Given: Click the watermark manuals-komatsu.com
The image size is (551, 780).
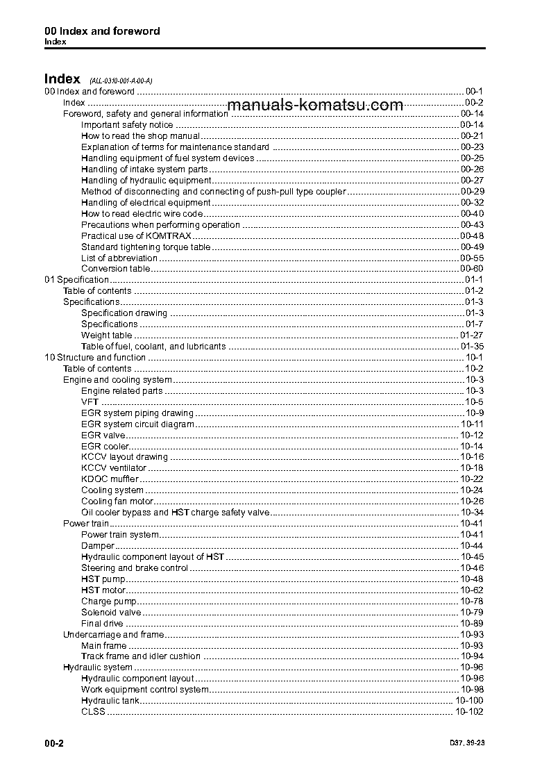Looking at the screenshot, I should tap(315, 105).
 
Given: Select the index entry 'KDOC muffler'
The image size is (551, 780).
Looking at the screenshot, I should tap(110, 479).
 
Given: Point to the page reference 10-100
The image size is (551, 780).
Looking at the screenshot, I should tap(469, 701).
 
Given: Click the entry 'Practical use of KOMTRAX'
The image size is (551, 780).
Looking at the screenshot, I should tap(127, 236).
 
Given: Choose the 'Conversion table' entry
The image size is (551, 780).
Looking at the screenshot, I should tap(115, 269).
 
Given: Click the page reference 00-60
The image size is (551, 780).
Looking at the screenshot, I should tap(472, 269).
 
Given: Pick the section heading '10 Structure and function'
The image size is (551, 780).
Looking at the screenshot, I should tap(95, 358).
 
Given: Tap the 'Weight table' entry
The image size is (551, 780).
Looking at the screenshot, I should tap(106, 335).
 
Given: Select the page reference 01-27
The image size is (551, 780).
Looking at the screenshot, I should tap(472, 335).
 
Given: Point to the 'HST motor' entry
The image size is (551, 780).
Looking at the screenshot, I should tap(103, 590).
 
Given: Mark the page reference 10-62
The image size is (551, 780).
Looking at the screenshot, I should tap(472, 590).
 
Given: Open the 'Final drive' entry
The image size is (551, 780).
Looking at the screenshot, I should tap(102, 624).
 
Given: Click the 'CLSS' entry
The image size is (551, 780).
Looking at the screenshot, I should tap(93, 712).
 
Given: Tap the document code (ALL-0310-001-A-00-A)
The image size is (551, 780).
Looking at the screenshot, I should tap(116, 81).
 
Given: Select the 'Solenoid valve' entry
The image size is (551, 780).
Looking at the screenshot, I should tap(111, 613).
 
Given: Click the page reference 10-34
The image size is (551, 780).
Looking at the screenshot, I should tap(472, 513).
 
